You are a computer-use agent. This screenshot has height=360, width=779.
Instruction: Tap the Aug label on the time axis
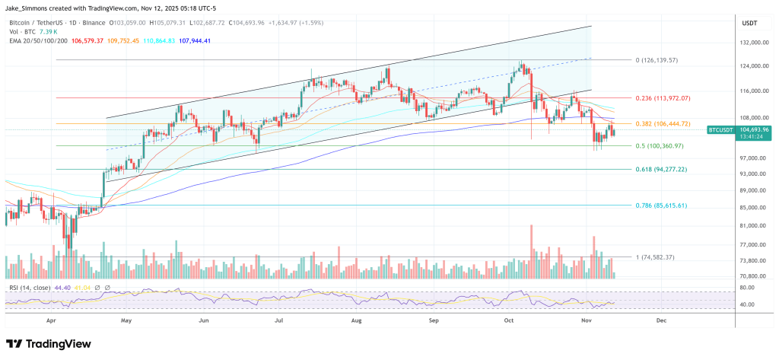[357, 321]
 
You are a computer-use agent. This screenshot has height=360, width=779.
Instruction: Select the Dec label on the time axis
[660, 321]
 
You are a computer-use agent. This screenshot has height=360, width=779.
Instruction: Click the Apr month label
[51, 321]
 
